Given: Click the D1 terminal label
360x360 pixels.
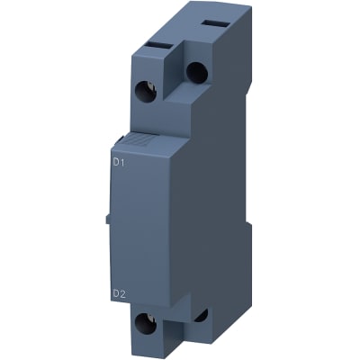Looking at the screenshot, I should [x=117, y=163].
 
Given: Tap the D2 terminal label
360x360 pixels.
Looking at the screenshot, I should [x=117, y=292].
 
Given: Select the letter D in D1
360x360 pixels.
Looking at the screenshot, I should [x=114, y=163].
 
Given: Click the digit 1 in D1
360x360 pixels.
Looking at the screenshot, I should [x=121, y=163].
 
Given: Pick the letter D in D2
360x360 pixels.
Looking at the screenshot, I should [x=114, y=292].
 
